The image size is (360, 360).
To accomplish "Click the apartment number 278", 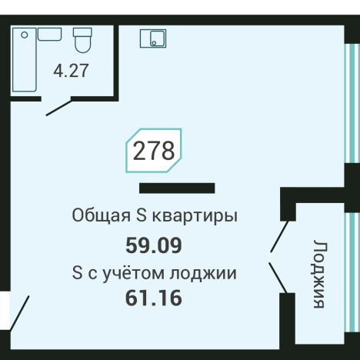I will [x=154, y=150].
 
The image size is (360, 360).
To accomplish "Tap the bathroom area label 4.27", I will [x=71, y=71].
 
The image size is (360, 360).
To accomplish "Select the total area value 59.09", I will [x=154, y=246].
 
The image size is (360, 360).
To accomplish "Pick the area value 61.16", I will [x=154, y=297].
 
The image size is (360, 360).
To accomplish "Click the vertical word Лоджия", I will [x=319, y=275].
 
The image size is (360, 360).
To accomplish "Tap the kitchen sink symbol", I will [x=153, y=38].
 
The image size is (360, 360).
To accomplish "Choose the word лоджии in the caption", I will [x=209, y=272].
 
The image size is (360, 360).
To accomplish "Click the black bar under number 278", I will [x=177, y=188].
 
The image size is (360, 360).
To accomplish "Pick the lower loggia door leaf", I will [x=278, y=278].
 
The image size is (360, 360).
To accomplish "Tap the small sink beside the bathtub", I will [x=50, y=34].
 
